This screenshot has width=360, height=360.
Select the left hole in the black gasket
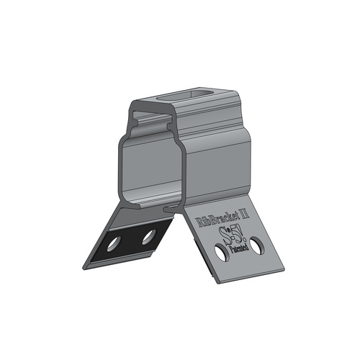[x=112, y=244]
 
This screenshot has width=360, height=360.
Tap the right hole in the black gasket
[x=148, y=235]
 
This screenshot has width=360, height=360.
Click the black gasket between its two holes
[x=130, y=240]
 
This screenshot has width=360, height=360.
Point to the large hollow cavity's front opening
[x=148, y=171]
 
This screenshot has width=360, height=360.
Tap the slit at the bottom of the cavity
[x=167, y=209]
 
